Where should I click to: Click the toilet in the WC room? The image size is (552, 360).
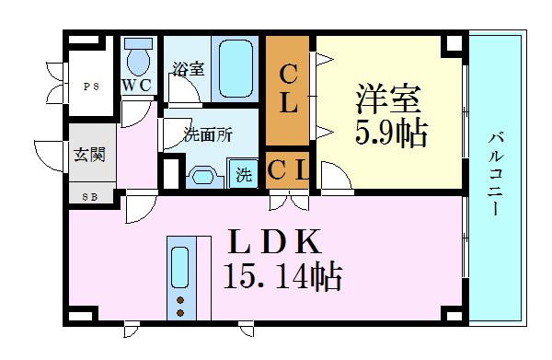tap(139, 59)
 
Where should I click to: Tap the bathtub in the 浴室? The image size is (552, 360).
tap(236, 68)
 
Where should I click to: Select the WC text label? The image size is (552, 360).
tap(140, 86)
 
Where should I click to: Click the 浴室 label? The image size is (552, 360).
tap(188, 67)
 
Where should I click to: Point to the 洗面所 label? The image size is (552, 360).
tap(207, 134)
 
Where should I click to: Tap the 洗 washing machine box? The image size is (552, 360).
tap(244, 173)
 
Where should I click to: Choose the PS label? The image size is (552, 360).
tap(90, 87)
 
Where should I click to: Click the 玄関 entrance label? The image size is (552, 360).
tap(90, 154)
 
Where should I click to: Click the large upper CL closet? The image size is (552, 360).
tap(289, 89)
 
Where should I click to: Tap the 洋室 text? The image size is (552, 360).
tap(389, 99)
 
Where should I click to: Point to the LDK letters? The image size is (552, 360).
tap(274, 243)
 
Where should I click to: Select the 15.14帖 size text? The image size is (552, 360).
tap(282, 276)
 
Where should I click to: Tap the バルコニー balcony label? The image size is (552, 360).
tap(496, 176)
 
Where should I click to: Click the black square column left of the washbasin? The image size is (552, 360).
tap(170, 172)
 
